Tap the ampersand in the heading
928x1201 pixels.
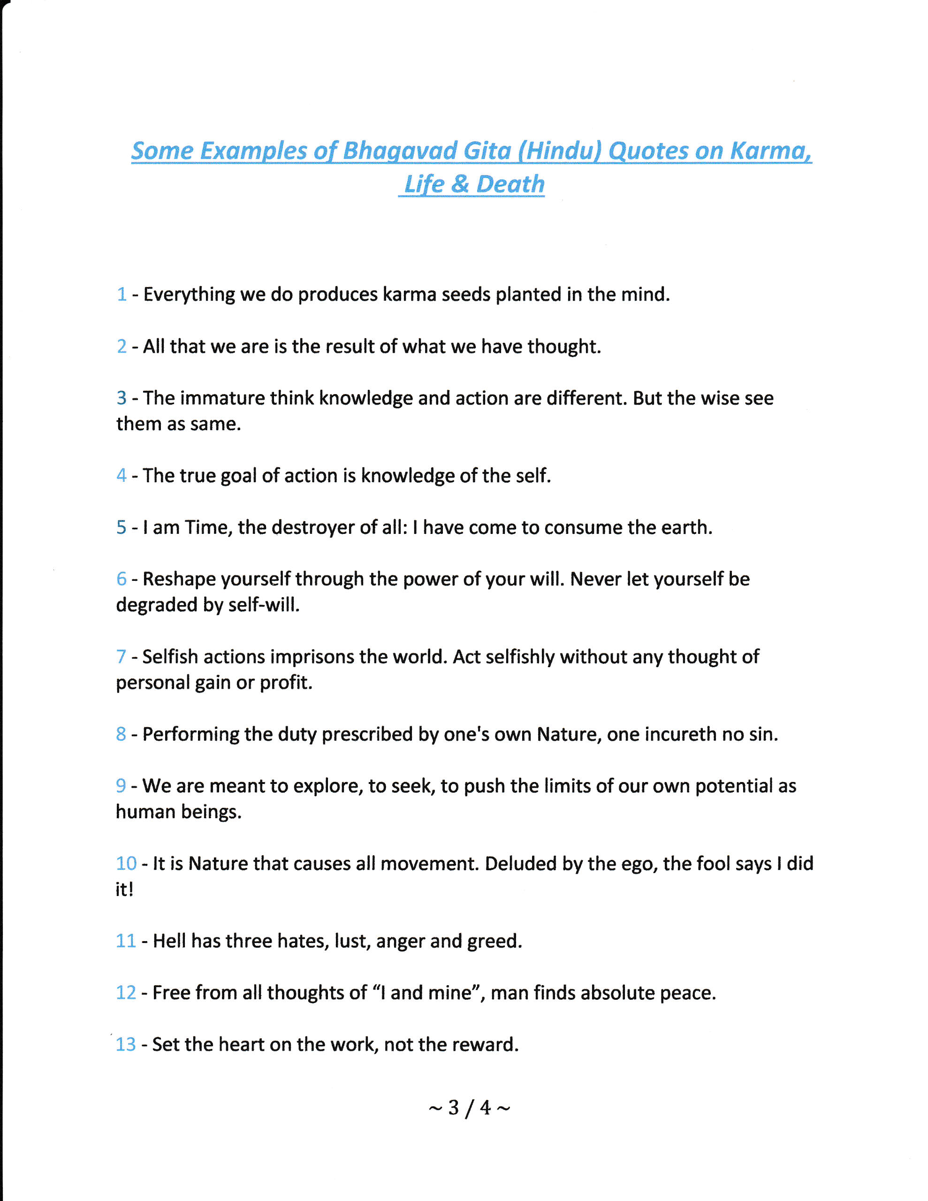460,184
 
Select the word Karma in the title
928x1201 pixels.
769,151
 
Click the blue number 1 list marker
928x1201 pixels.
122,294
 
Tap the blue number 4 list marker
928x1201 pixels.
121,476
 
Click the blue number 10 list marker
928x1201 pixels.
126,863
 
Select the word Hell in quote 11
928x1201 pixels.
169,941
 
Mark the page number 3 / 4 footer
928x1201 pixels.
469,1108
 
